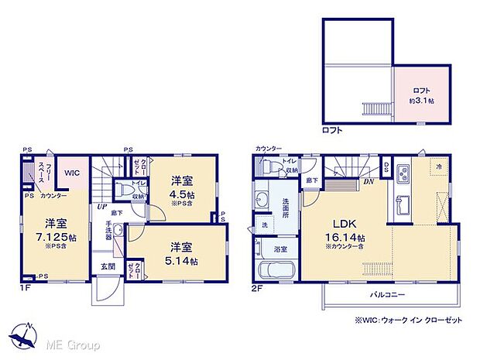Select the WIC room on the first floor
click(73, 173)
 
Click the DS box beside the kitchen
click(386, 166)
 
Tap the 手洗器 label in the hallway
click(108, 232)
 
